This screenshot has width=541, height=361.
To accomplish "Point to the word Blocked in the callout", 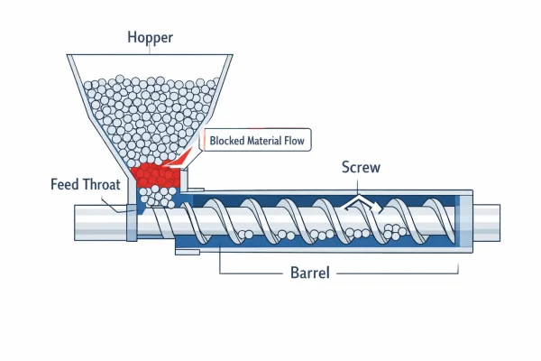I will click(230, 141).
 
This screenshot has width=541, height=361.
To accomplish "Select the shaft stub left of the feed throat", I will click(99, 221).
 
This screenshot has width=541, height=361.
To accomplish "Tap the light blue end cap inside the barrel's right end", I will click(462, 220).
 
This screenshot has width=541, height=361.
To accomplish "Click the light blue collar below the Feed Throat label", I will click(133, 221).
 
